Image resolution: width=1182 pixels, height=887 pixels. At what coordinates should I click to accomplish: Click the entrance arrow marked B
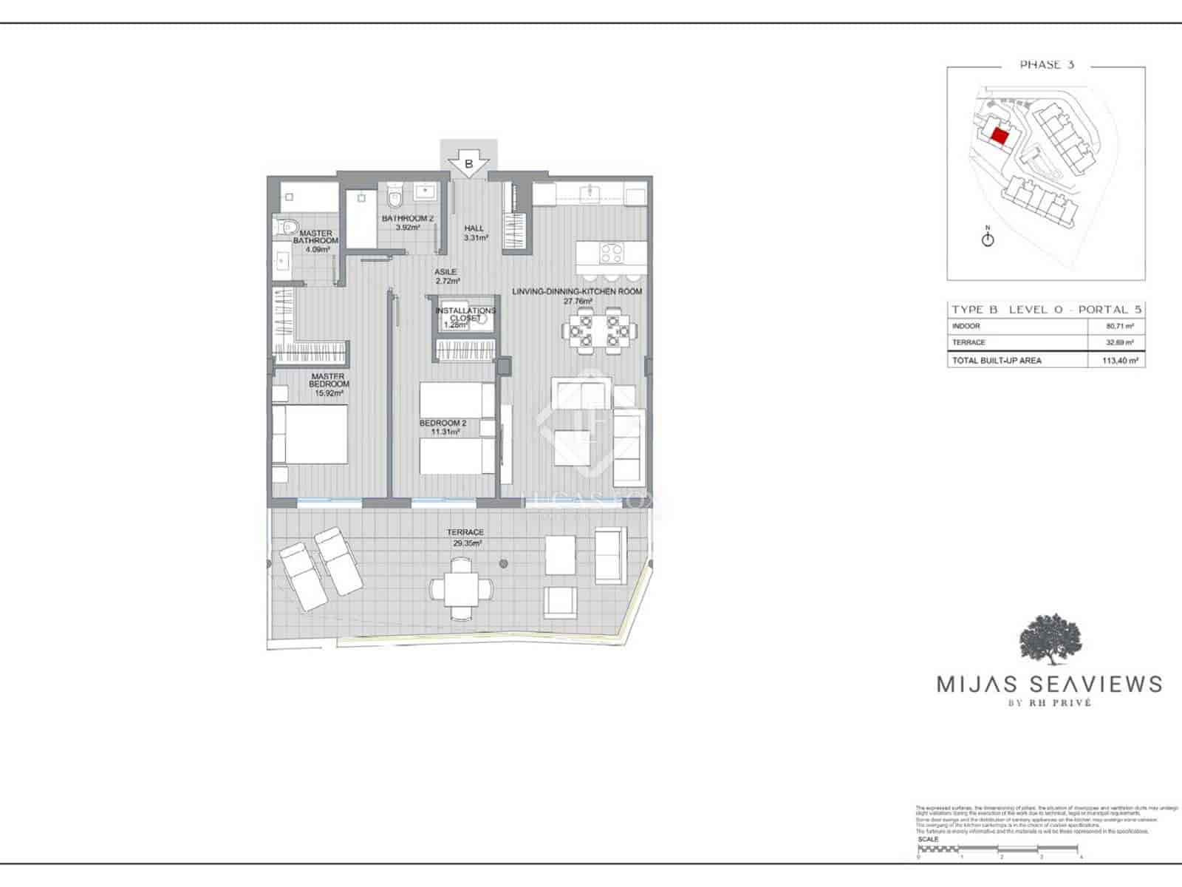click(469, 164)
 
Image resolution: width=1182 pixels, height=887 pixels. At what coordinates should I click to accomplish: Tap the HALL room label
click(474, 233)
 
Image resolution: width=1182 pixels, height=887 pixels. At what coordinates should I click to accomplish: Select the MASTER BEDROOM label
click(329, 384)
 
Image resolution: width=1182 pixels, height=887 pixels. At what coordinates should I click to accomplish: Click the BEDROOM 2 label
click(443, 427)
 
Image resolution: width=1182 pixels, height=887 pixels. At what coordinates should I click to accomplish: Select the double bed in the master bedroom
click(310, 435)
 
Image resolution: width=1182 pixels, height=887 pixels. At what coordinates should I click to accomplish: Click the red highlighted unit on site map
click(1000, 136)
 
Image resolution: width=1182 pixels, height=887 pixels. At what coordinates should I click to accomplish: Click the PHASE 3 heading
click(1046, 65)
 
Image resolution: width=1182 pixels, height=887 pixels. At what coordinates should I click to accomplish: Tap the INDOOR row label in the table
click(966, 326)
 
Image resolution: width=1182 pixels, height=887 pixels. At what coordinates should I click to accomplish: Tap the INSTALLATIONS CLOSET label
click(465, 315)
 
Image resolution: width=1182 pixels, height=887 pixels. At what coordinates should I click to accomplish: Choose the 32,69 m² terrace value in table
click(1120, 343)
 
